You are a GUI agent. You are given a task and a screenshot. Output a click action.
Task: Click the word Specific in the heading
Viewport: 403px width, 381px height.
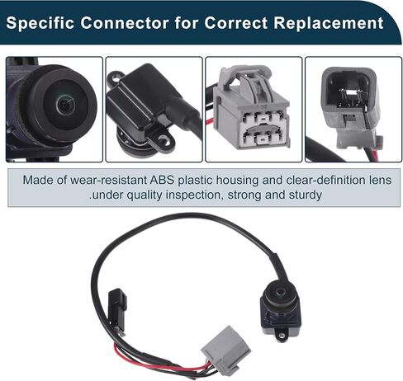coord(40,23)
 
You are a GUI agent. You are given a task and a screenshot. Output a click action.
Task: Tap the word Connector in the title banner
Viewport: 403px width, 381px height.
coord(125,22)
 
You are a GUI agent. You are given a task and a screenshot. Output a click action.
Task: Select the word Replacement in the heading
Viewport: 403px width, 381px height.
coord(329,22)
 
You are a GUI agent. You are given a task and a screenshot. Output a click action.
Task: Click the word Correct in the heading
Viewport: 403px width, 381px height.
coord(235,22)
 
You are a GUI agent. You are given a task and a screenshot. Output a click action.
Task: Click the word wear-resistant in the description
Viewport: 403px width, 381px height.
coord(108,180)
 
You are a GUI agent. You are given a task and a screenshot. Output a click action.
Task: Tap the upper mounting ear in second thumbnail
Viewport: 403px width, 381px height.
coord(115,77)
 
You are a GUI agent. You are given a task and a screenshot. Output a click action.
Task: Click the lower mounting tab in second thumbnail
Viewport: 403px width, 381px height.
coord(162,140)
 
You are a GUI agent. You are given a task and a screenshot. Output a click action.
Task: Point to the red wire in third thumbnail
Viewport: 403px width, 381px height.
coord(210,121)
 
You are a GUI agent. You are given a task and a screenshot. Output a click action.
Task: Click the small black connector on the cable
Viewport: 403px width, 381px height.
coord(117,308)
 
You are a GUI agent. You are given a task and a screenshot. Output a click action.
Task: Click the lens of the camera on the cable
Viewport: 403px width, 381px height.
coord(281,292)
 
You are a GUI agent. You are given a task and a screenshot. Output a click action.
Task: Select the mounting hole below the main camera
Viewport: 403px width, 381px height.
coord(281,335)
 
